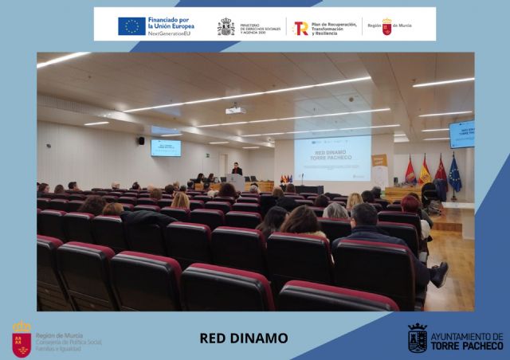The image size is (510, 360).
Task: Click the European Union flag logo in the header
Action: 131,25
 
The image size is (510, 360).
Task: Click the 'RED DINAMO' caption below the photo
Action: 243,338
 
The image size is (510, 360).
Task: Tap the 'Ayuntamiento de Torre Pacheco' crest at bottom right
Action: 417,338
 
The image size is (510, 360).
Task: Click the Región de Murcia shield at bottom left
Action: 22,338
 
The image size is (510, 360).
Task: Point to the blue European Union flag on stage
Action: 455,175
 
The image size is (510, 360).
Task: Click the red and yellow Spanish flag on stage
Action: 425,170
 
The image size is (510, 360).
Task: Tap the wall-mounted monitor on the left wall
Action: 166,147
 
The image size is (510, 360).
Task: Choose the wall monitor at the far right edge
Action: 462,134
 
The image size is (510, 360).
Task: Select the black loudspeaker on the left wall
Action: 141,141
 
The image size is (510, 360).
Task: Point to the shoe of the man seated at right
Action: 439,274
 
